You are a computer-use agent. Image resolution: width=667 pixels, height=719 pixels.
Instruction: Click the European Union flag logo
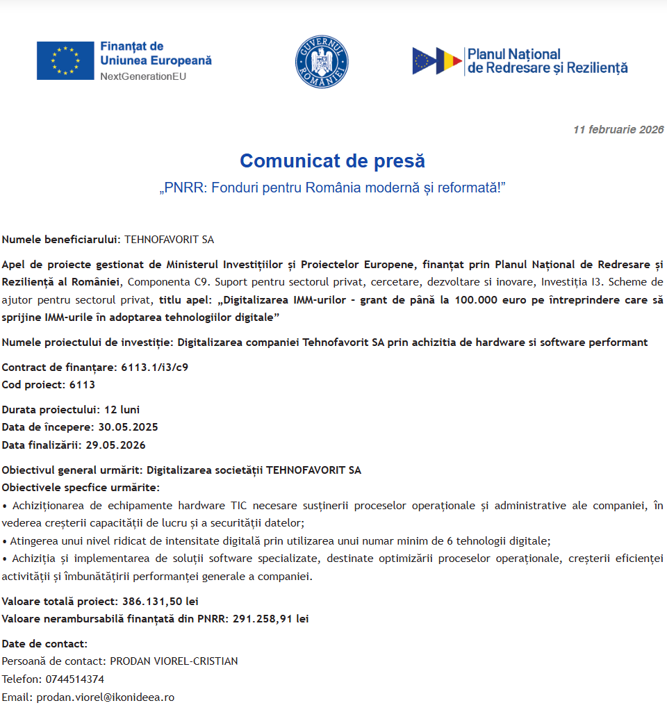coord(65,60)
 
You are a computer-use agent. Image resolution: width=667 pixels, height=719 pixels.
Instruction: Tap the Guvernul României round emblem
coord(322,62)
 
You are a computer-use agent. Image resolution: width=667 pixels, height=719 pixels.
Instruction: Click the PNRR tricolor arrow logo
coord(437,61)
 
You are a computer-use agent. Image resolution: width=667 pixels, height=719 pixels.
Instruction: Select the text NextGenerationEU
coord(143,76)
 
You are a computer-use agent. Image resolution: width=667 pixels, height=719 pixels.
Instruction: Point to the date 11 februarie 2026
coord(618,130)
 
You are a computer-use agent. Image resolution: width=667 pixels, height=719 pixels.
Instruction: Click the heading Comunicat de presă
coord(332,161)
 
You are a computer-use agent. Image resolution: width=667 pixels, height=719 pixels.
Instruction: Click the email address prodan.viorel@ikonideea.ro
coord(105,697)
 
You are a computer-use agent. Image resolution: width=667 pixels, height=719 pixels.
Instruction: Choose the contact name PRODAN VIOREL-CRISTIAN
coord(174,661)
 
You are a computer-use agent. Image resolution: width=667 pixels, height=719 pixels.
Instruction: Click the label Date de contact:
coord(44,644)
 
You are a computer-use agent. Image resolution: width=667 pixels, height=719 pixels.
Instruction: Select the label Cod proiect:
coord(33,385)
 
